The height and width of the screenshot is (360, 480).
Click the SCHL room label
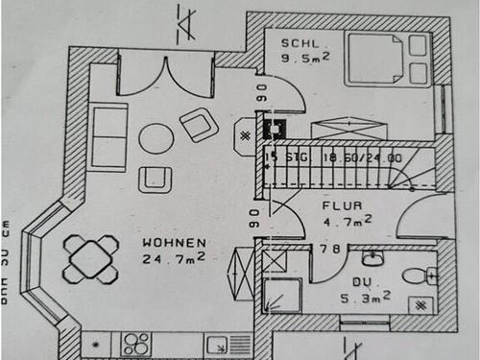click(295, 43)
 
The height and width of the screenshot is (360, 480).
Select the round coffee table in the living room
click(156, 139)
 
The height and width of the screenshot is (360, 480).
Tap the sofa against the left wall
click(109, 137)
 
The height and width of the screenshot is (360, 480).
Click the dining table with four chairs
click(90, 259)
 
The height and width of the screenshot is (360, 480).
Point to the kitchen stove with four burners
click(136, 343)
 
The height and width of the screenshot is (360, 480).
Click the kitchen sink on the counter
click(215, 343)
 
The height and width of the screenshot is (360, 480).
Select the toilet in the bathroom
click(417, 276)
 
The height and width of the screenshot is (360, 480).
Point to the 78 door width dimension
click(331, 249)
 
